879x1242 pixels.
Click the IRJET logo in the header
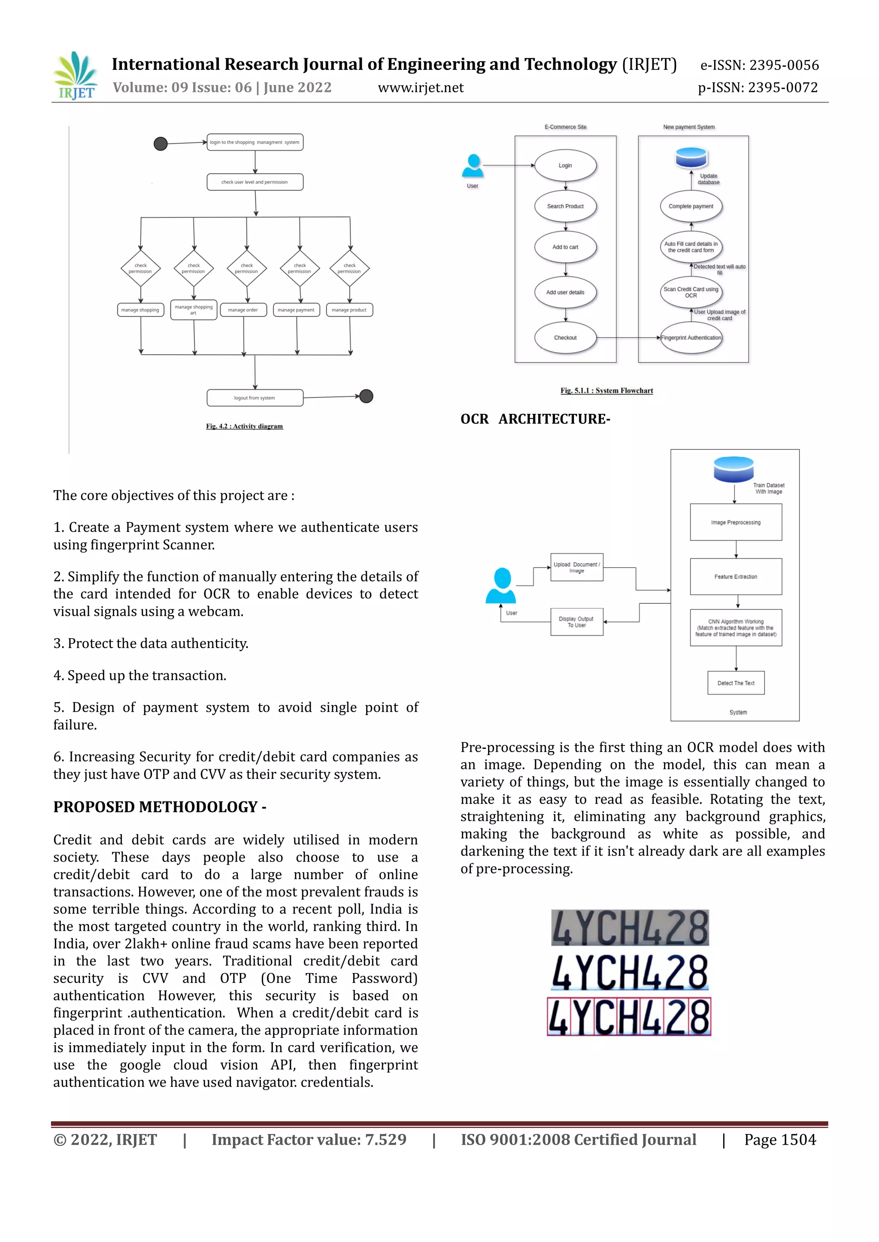(76, 76)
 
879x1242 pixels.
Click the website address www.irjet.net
(421, 87)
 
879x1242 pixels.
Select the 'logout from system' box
(255, 398)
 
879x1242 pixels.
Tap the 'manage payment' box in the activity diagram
(296, 310)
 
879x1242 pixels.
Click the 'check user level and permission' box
(255, 182)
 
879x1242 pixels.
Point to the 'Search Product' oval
(565, 206)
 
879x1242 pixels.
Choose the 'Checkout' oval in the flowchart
(565, 338)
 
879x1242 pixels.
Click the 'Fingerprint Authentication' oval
(691, 338)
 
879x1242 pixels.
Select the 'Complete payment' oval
(691, 206)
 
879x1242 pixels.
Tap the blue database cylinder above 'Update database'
(691, 157)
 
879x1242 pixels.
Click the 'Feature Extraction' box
(736, 577)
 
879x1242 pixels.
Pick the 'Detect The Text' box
(736, 683)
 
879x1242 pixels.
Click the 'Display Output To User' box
(576, 622)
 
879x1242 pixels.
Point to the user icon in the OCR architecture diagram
(501, 585)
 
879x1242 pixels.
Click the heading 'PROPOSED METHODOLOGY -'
(160, 807)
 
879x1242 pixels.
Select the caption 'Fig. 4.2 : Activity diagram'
(244, 426)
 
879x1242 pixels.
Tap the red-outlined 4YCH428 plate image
(629, 1017)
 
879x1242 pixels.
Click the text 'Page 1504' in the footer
(780, 1140)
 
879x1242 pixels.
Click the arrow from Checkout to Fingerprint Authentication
(628, 338)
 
